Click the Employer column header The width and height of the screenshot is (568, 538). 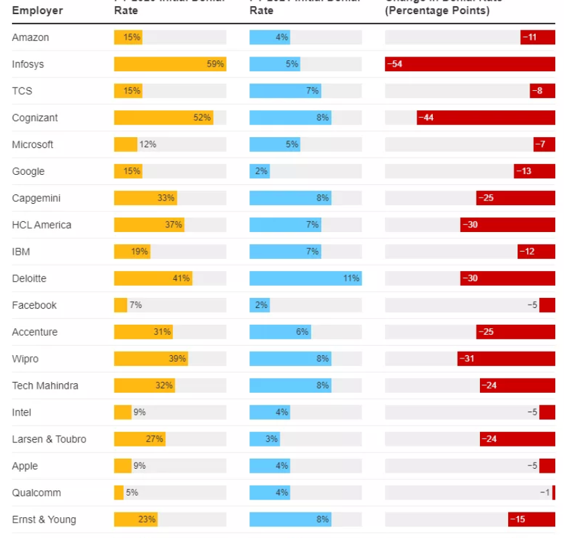click(x=38, y=11)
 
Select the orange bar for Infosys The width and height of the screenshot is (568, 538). click(x=169, y=65)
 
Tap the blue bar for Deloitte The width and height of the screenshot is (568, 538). click(x=305, y=278)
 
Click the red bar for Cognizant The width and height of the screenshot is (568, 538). click(x=486, y=118)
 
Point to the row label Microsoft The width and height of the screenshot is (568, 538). click(x=32, y=145)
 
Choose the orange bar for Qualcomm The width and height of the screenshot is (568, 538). click(x=119, y=493)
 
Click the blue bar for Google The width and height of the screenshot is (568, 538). click(x=259, y=171)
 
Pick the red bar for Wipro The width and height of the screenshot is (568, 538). click(x=506, y=359)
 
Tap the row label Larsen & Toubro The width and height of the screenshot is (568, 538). click(x=49, y=439)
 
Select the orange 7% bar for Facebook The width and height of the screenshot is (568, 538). click(x=120, y=305)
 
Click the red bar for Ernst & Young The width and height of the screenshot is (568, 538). click(x=532, y=520)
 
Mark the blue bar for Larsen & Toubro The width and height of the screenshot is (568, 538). click(x=264, y=439)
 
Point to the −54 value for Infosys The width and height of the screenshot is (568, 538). click(x=395, y=65)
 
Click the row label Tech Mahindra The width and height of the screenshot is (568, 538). click(x=45, y=385)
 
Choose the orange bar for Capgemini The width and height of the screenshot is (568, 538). click(x=145, y=198)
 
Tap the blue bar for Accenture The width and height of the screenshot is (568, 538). click(x=280, y=332)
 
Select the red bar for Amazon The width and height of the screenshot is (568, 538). click(x=538, y=38)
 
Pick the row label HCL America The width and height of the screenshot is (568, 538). click(x=42, y=225)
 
